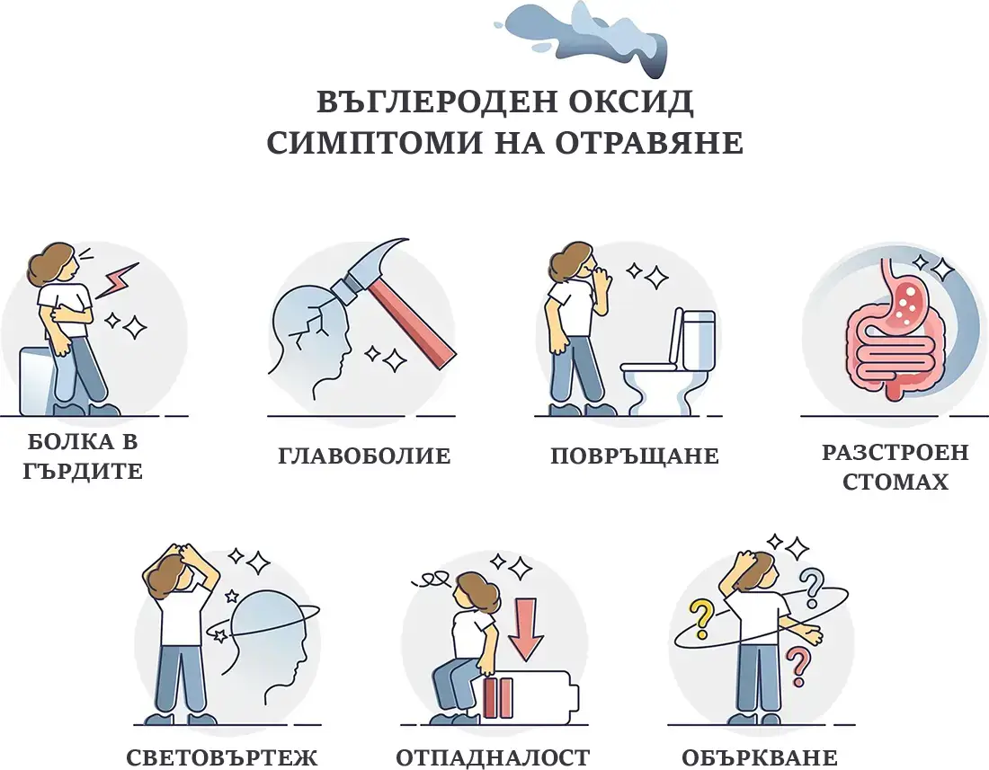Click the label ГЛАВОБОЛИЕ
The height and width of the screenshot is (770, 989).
[x=364, y=456]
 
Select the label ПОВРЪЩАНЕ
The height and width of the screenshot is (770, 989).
[x=635, y=456]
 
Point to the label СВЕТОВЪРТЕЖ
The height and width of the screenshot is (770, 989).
[x=222, y=757]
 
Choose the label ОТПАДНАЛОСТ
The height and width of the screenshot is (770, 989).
[x=493, y=757]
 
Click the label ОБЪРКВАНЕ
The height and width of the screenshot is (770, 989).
[x=760, y=757]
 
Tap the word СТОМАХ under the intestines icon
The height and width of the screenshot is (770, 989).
[x=895, y=482]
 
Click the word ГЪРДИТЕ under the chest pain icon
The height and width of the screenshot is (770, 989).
[x=85, y=471]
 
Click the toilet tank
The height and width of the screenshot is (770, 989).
[x=698, y=339]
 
